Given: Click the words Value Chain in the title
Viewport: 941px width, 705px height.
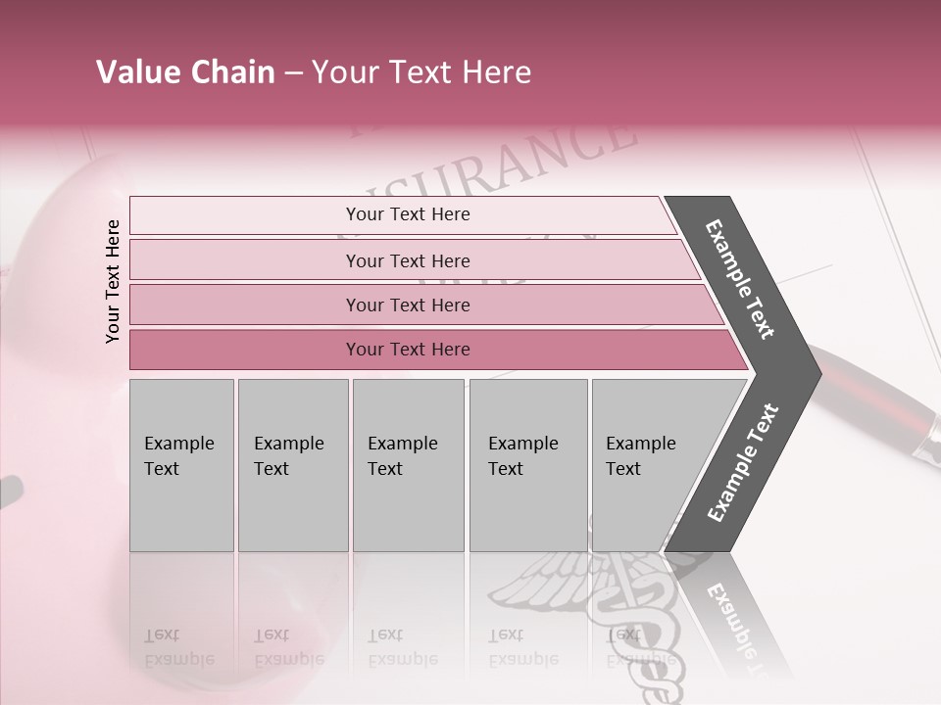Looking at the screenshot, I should click(185, 72).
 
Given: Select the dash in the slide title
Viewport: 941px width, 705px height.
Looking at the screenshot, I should click(293, 73).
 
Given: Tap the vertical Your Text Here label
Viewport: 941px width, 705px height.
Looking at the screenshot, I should click(113, 281).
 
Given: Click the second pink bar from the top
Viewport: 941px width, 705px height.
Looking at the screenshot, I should click(407, 260).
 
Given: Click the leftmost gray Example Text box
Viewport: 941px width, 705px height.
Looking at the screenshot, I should click(181, 464).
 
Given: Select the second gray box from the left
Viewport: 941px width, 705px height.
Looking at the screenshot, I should click(292, 464).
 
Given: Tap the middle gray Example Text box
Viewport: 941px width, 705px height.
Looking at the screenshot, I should click(408, 464).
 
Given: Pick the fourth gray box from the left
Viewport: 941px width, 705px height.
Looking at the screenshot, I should click(527, 464).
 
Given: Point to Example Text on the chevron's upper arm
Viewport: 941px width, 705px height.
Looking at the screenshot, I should click(740, 279).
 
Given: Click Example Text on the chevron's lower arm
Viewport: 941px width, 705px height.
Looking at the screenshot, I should click(743, 463).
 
